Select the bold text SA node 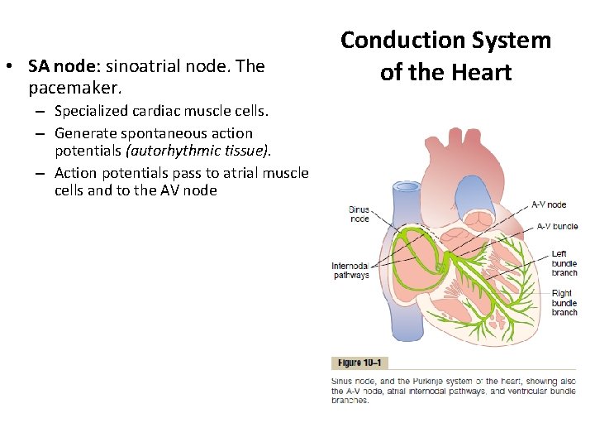[x=60, y=65]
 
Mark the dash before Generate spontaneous [x=40, y=133]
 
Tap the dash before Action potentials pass [x=40, y=173]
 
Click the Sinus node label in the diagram [x=359, y=214]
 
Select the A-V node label [x=548, y=204]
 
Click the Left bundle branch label [x=564, y=263]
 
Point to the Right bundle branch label [x=564, y=302]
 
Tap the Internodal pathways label [x=350, y=271]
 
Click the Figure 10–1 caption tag [x=359, y=363]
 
